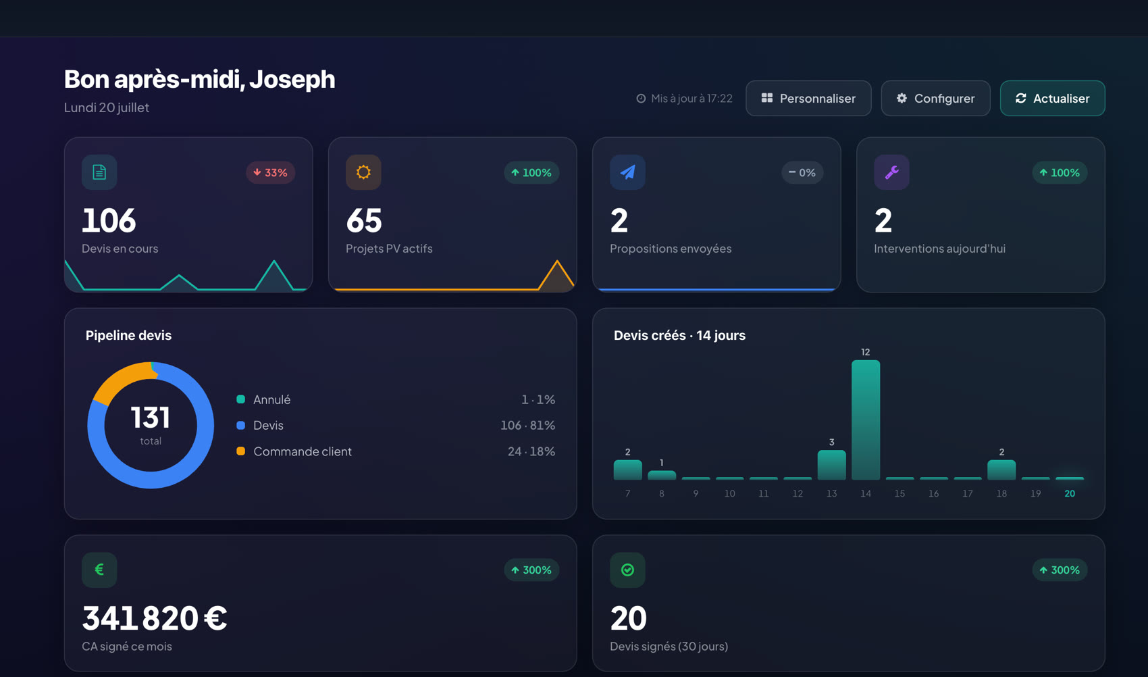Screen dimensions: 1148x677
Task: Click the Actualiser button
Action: (x=1052, y=98)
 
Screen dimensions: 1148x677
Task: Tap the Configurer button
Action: (x=935, y=98)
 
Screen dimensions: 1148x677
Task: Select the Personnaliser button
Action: (x=808, y=98)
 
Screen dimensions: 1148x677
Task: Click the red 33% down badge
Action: (x=270, y=172)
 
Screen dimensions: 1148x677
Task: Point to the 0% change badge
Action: (x=802, y=172)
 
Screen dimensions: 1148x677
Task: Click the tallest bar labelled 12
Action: (x=866, y=420)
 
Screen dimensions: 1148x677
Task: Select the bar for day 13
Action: (x=831, y=465)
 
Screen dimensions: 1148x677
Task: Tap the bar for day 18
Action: (x=1001, y=470)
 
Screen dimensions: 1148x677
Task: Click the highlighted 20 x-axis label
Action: (x=1070, y=493)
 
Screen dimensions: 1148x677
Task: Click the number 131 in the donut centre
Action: (x=150, y=417)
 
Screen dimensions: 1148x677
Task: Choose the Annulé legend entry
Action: (x=263, y=399)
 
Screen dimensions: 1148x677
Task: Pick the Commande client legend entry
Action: (x=294, y=451)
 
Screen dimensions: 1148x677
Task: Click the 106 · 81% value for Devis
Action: (x=527, y=425)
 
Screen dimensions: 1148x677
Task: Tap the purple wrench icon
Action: (x=892, y=172)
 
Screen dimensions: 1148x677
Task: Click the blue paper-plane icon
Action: (x=627, y=172)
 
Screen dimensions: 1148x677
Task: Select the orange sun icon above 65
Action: (x=363, y=172)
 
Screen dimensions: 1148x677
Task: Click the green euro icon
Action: (x=99, y=570)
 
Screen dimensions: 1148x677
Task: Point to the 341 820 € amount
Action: (x=154, y=618)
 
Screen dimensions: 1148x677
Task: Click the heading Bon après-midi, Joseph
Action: (x=199, y=80)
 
